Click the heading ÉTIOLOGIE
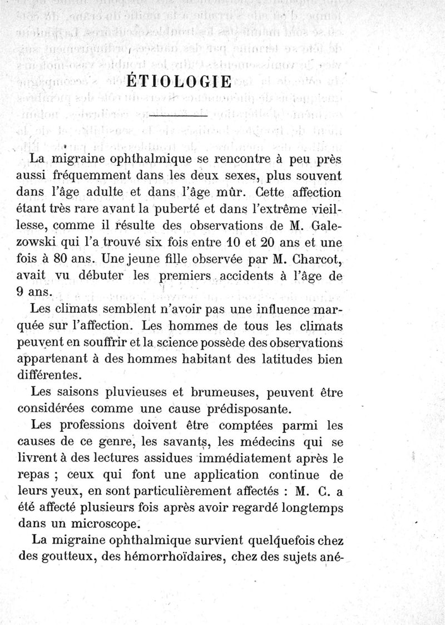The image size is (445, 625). point(179,81)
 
